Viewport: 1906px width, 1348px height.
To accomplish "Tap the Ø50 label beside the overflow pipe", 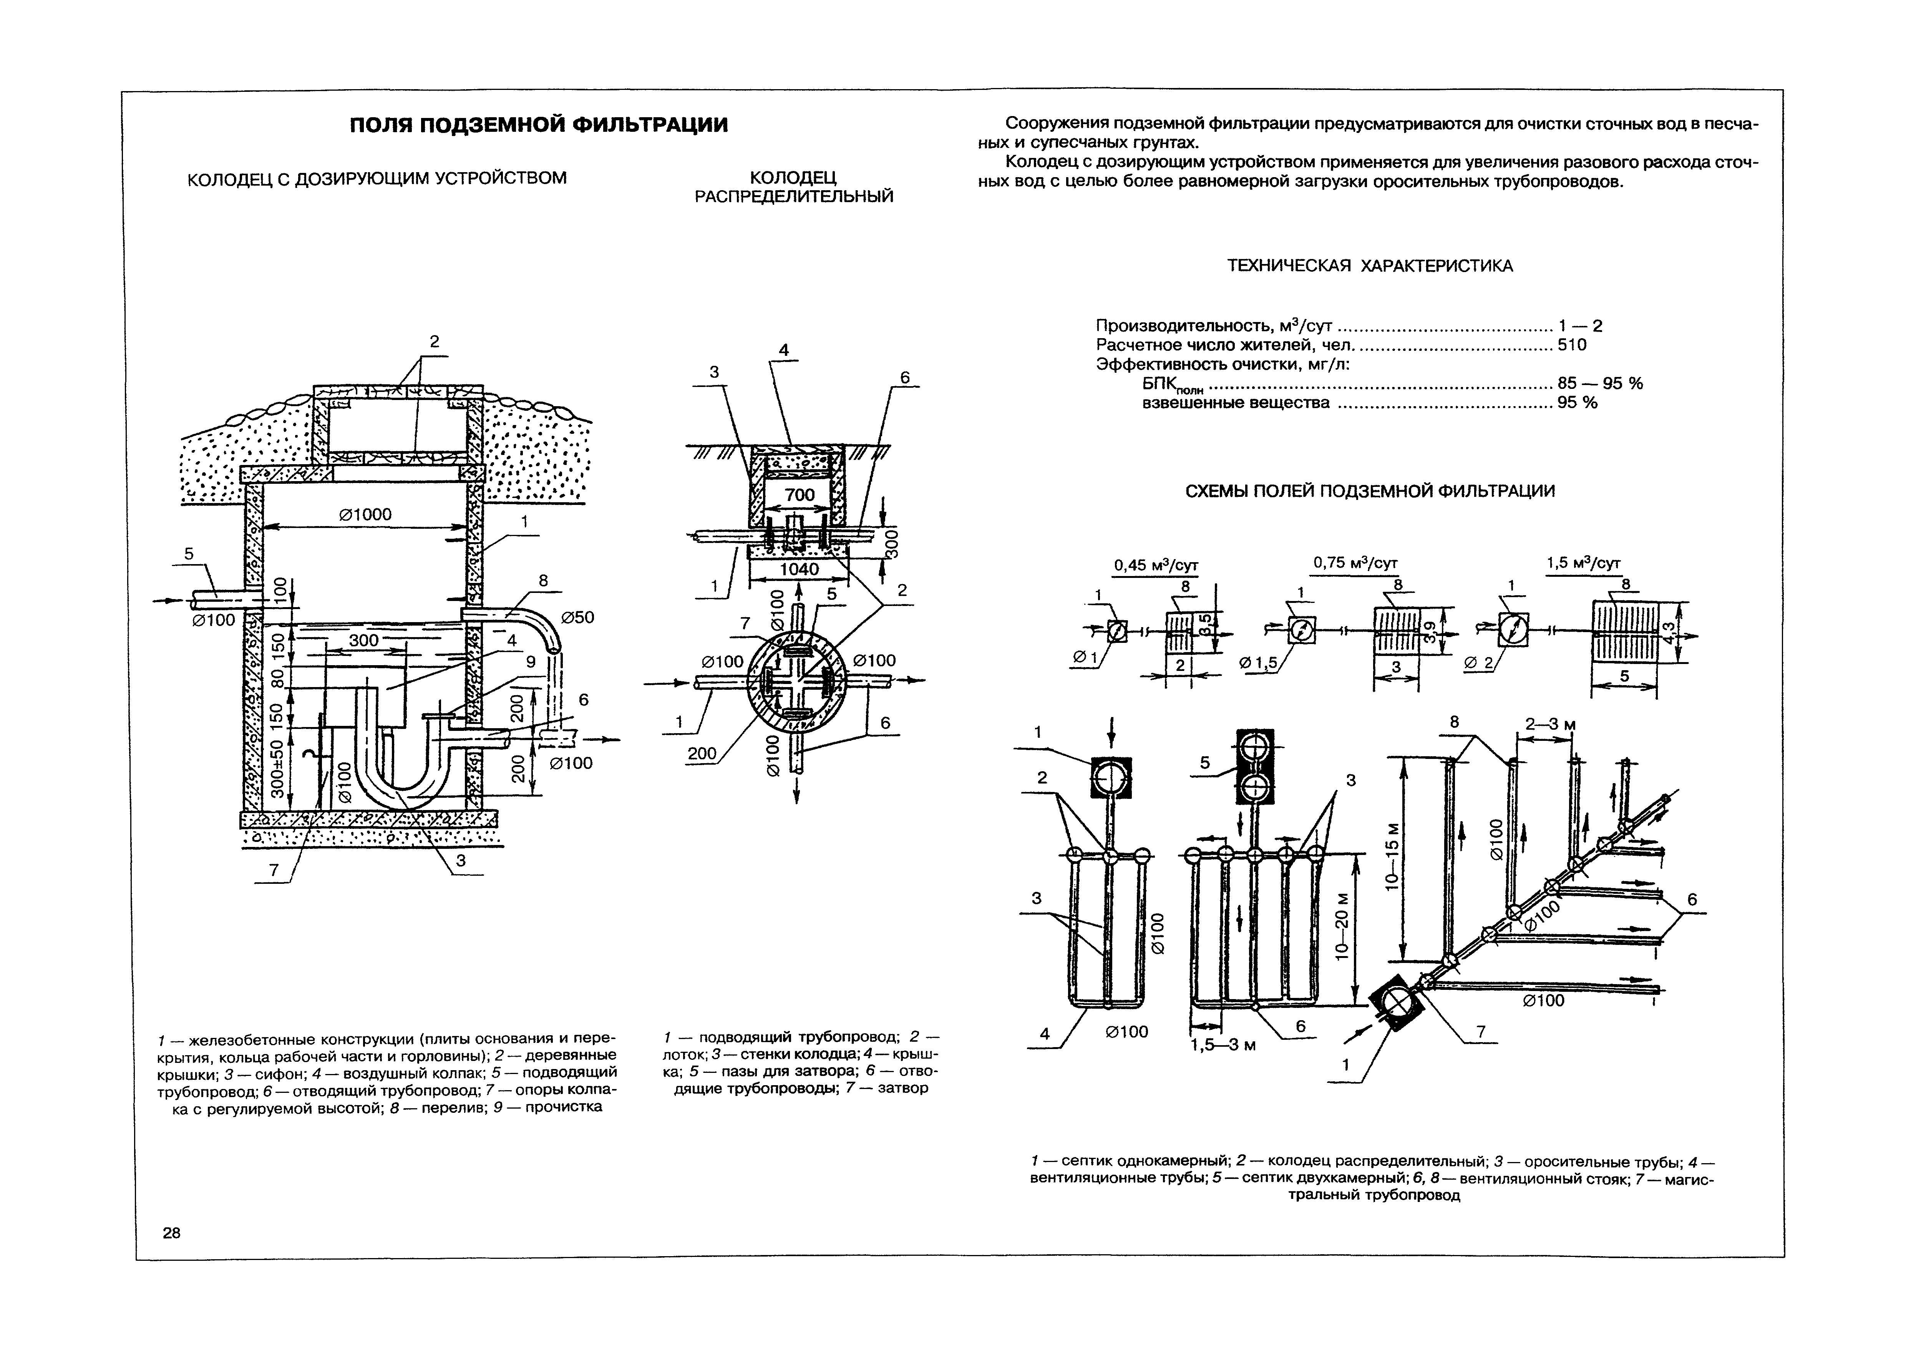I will point(578,618).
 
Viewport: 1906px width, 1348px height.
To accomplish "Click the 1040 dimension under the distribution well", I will point(800,569).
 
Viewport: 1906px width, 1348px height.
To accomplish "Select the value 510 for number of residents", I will point(1571,344).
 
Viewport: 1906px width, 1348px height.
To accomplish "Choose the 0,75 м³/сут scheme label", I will point(1355,563).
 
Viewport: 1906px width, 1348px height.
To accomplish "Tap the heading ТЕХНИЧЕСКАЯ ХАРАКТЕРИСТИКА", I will point(1370,266).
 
